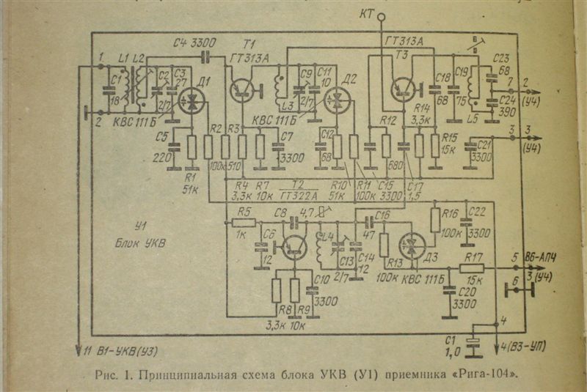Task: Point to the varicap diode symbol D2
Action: coord(338,101)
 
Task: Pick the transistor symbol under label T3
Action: coord(403,89)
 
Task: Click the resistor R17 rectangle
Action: coord(473,268)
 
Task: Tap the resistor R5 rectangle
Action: coord(244,221)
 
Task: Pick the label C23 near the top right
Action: coord(503,59)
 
